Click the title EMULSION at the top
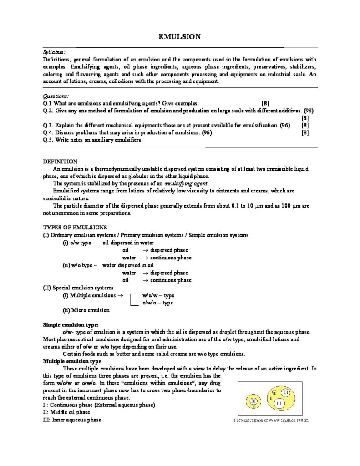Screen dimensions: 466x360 pyautogui.click(x=180, y=36)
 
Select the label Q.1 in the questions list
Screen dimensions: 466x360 pyautogui.click(x=48, y=103)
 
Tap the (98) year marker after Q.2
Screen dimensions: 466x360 pyautogui.click(x=308, y=111)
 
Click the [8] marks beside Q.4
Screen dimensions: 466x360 pyautogui.click(x=305, y=132)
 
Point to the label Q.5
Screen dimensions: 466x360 pyautogui.click(x=48, y=140)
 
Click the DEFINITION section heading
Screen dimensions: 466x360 pyautogui.click(x=60, y=162)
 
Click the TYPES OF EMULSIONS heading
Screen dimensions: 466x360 pyautogui.click(x=75, y=227)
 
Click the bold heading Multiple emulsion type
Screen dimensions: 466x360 pyautogui.click(x=72, y=361)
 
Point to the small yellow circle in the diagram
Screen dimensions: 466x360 pyautogui.click(x=254, y=401)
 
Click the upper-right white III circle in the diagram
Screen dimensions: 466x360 pyautogui.click(x=285, y=392)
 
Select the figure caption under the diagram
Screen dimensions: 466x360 pyautogui.click(x=270, y=420)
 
